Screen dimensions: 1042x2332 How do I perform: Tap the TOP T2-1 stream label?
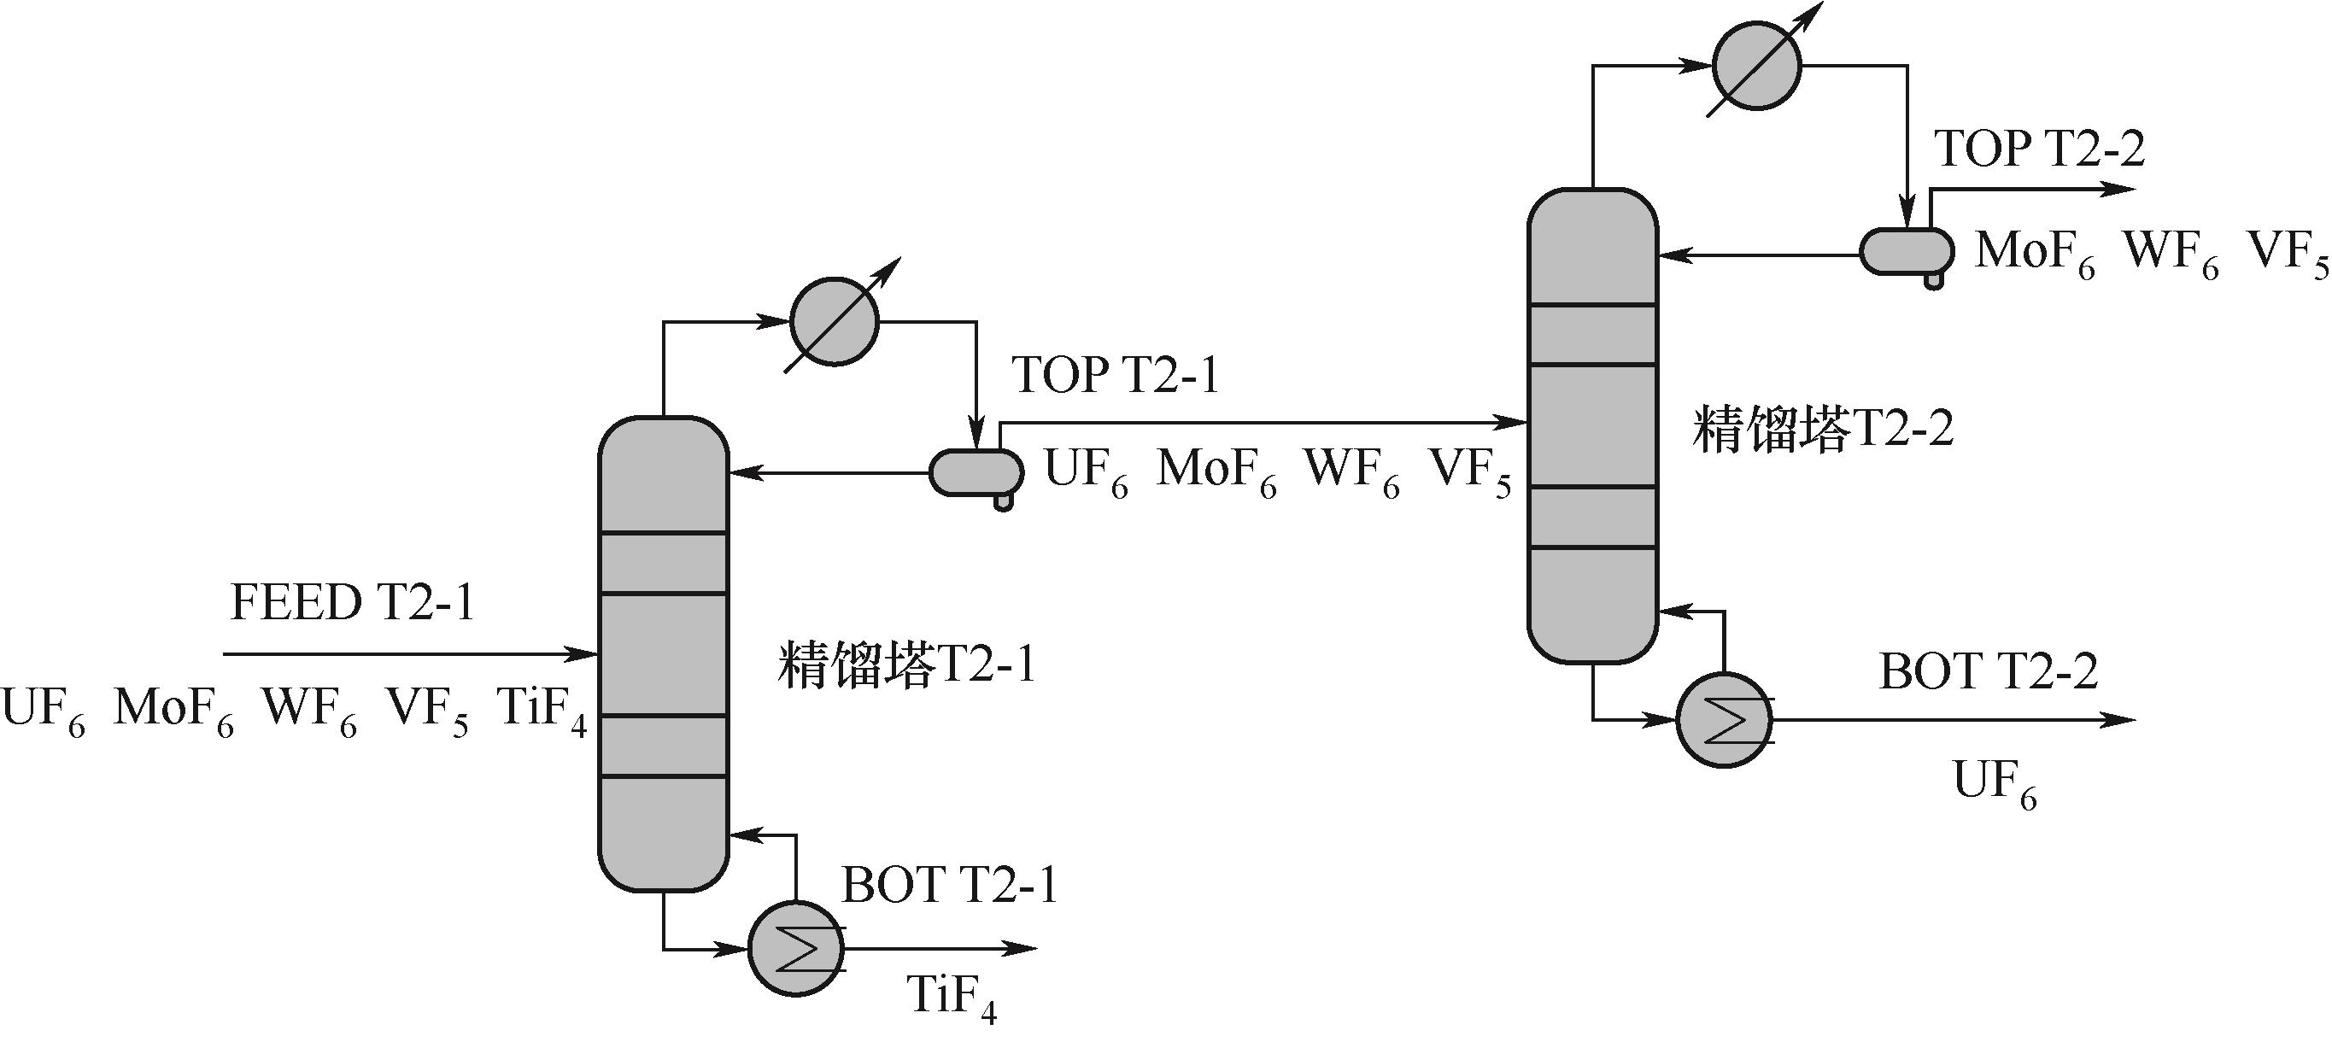click(x=1116, y=375)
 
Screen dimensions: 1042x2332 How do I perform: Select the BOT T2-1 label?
click(x=950, y=886)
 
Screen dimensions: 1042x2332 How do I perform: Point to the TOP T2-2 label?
click(x=2040, y=149)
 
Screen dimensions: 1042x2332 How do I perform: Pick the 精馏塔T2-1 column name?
click(x=906, y=666)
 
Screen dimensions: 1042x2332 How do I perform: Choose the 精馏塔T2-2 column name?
click(x=1823, y=430)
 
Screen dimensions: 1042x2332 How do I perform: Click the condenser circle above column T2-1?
click(x=834, y=321)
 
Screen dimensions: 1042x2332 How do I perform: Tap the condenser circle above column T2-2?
click(x=1756, y=66)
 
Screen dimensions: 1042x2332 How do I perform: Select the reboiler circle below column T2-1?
click(x=796, y=949)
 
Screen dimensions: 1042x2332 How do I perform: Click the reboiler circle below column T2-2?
click(x=1724, y=721)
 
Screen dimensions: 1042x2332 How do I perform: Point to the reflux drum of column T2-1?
click(x=976, y=472)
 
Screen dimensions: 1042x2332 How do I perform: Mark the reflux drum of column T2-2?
click(x=1906, y=252)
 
